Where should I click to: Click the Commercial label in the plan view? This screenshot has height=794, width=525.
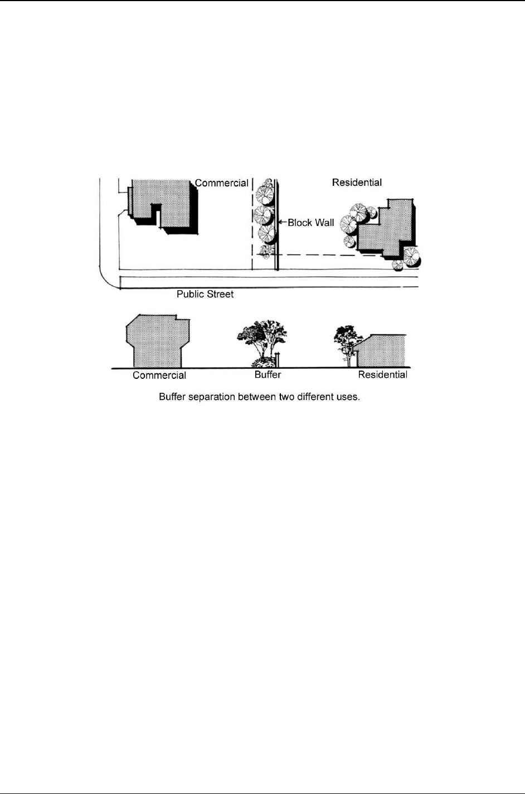coord(221,183)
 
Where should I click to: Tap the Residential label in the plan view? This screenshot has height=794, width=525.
coord(357,182)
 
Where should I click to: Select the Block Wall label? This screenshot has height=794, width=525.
coord(311,223)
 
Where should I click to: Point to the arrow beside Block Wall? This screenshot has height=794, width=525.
coord(282,222)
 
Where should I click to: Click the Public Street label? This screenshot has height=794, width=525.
coord(205,294)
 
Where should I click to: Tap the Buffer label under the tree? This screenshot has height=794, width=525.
coord(268,375)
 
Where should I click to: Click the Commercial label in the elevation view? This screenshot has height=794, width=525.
coord(159,376)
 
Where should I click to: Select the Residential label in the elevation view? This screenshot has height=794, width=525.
coord(382,375)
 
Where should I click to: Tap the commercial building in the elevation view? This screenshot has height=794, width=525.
coord(158,341)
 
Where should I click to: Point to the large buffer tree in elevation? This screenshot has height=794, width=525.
coord(262,338)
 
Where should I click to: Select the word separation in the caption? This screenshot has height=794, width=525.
coord(211,398)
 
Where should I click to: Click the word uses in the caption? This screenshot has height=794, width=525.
coord(348,398)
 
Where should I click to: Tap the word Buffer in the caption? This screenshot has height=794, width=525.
coord(172,398)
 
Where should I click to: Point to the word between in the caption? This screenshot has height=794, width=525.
coord(256,398)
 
